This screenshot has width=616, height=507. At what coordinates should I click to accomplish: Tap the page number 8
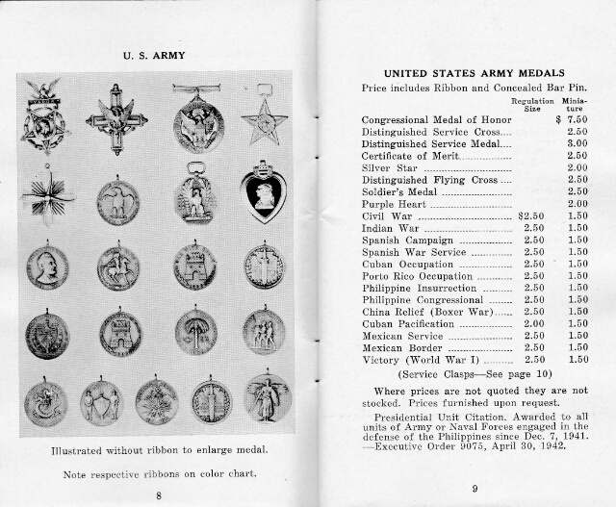[158, 494]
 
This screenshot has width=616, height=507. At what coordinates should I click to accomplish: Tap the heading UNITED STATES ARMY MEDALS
[473, 72]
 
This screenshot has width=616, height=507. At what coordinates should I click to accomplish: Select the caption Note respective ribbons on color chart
[158, 474]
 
